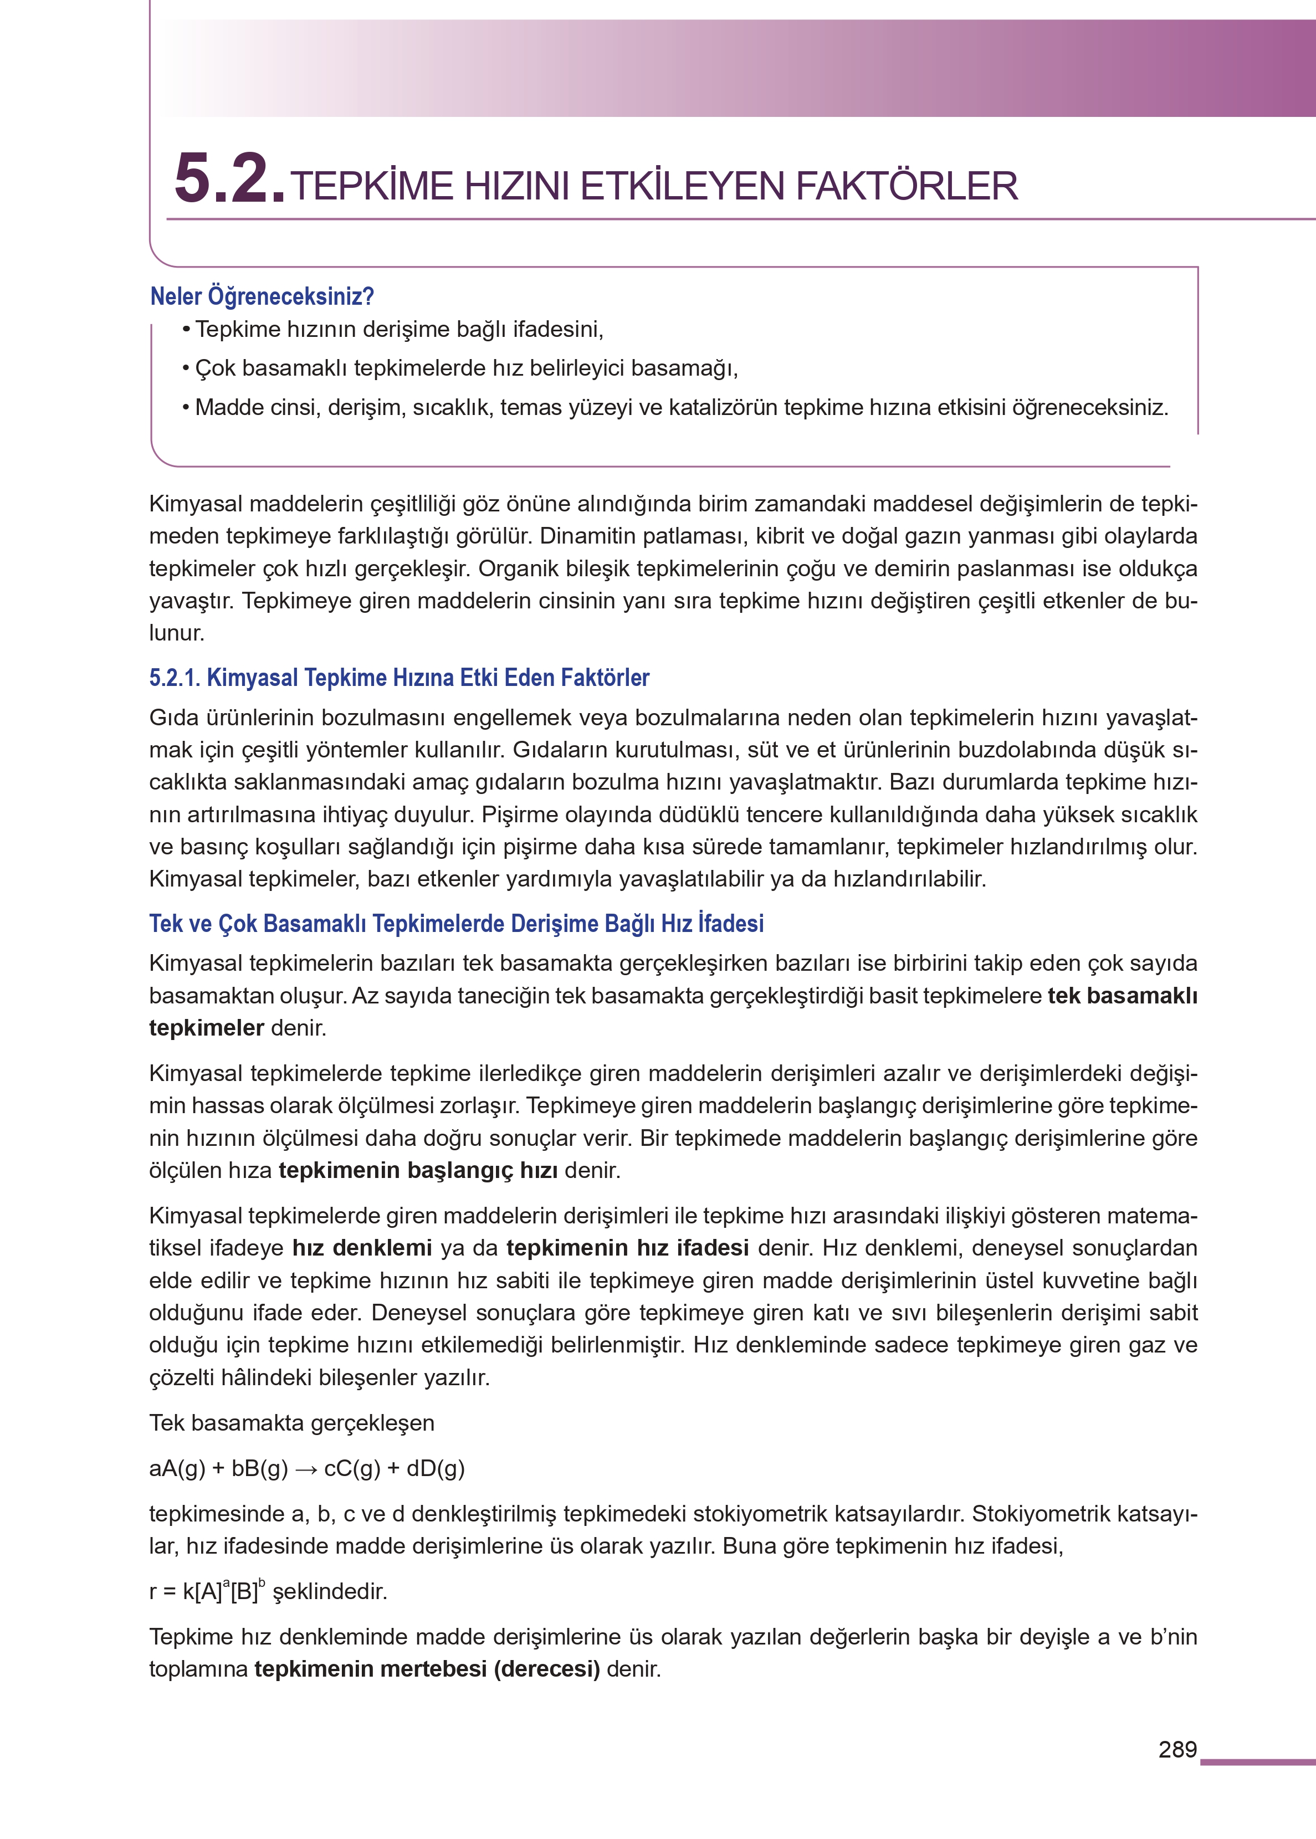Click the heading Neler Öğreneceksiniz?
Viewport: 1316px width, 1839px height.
(x=262, y=296)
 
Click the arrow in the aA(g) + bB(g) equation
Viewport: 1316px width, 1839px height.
(x=305, y=1469)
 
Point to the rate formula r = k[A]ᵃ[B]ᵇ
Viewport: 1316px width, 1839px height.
(x=207, y=1591)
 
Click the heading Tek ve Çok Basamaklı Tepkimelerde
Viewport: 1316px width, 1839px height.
(x=455, y=924)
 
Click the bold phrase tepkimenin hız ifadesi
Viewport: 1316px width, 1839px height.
(x=627, y=1248)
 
